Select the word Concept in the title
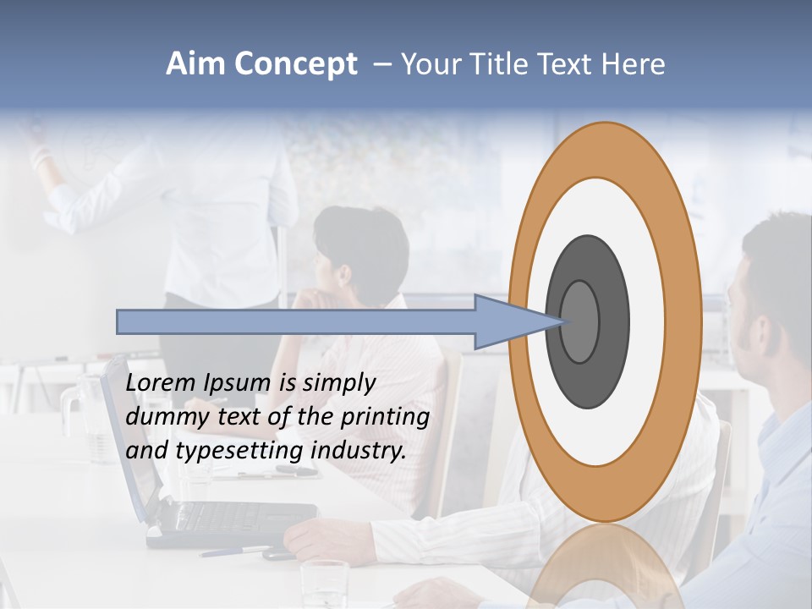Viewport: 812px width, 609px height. click(295, 64)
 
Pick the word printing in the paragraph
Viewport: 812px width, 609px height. click(385, 417)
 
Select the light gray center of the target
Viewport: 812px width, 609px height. click(580, 321)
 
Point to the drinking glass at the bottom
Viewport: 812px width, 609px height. click(325, 584)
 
